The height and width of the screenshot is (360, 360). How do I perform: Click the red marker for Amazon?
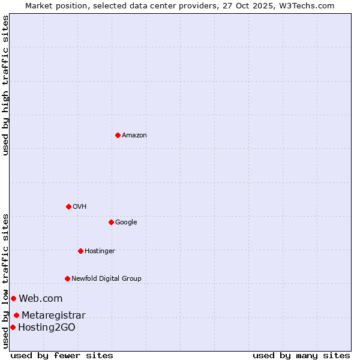118,135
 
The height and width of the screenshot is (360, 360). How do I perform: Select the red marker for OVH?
68,206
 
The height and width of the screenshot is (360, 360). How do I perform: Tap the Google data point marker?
111,222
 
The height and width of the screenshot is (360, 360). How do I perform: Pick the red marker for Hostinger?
80,251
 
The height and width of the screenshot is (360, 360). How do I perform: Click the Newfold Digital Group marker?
67,278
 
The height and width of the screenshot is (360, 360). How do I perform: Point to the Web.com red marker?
13,298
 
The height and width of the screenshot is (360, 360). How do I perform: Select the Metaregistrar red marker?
16,315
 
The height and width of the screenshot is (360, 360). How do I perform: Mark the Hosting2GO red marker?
13,327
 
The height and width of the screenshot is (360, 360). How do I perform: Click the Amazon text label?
134,136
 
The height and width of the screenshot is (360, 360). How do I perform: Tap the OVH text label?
80,207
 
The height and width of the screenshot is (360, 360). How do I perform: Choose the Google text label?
126,223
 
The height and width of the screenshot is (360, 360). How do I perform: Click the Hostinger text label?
100,251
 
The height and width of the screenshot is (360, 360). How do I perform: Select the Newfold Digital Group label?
106,278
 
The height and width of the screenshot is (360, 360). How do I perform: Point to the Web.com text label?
40,298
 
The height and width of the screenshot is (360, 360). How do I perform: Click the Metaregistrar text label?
53,315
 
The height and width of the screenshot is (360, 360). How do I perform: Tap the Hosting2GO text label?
47,327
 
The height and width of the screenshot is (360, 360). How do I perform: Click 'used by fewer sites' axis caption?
62,355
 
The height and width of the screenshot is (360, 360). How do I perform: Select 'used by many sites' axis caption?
301,355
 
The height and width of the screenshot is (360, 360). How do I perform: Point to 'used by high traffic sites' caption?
6,85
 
